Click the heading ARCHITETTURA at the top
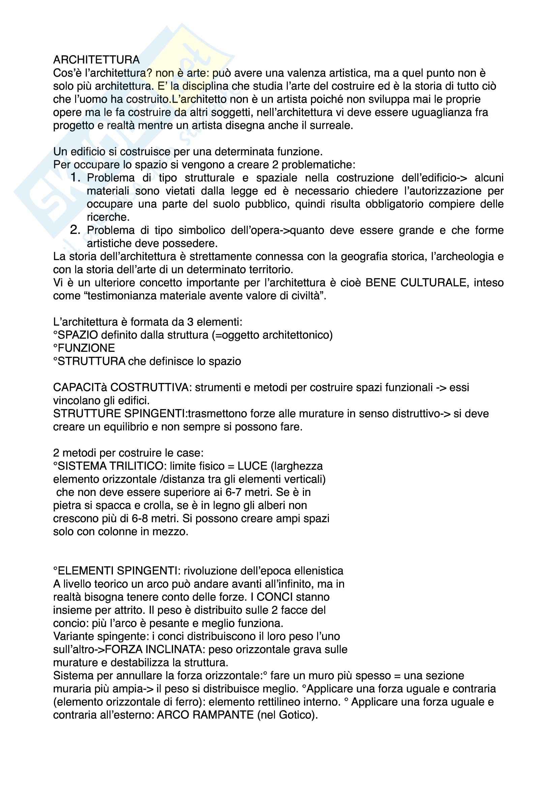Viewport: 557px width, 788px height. click(96, 60)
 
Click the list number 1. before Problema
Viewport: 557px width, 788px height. click(75, 178)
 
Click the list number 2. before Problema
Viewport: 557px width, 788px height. click(75, 230)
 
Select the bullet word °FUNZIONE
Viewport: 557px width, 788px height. click(84, 348)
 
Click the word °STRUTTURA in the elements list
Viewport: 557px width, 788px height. click(89, 361)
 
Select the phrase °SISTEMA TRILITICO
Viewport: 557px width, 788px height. click(109, 466)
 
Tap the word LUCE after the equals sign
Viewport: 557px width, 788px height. click(252, 466)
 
